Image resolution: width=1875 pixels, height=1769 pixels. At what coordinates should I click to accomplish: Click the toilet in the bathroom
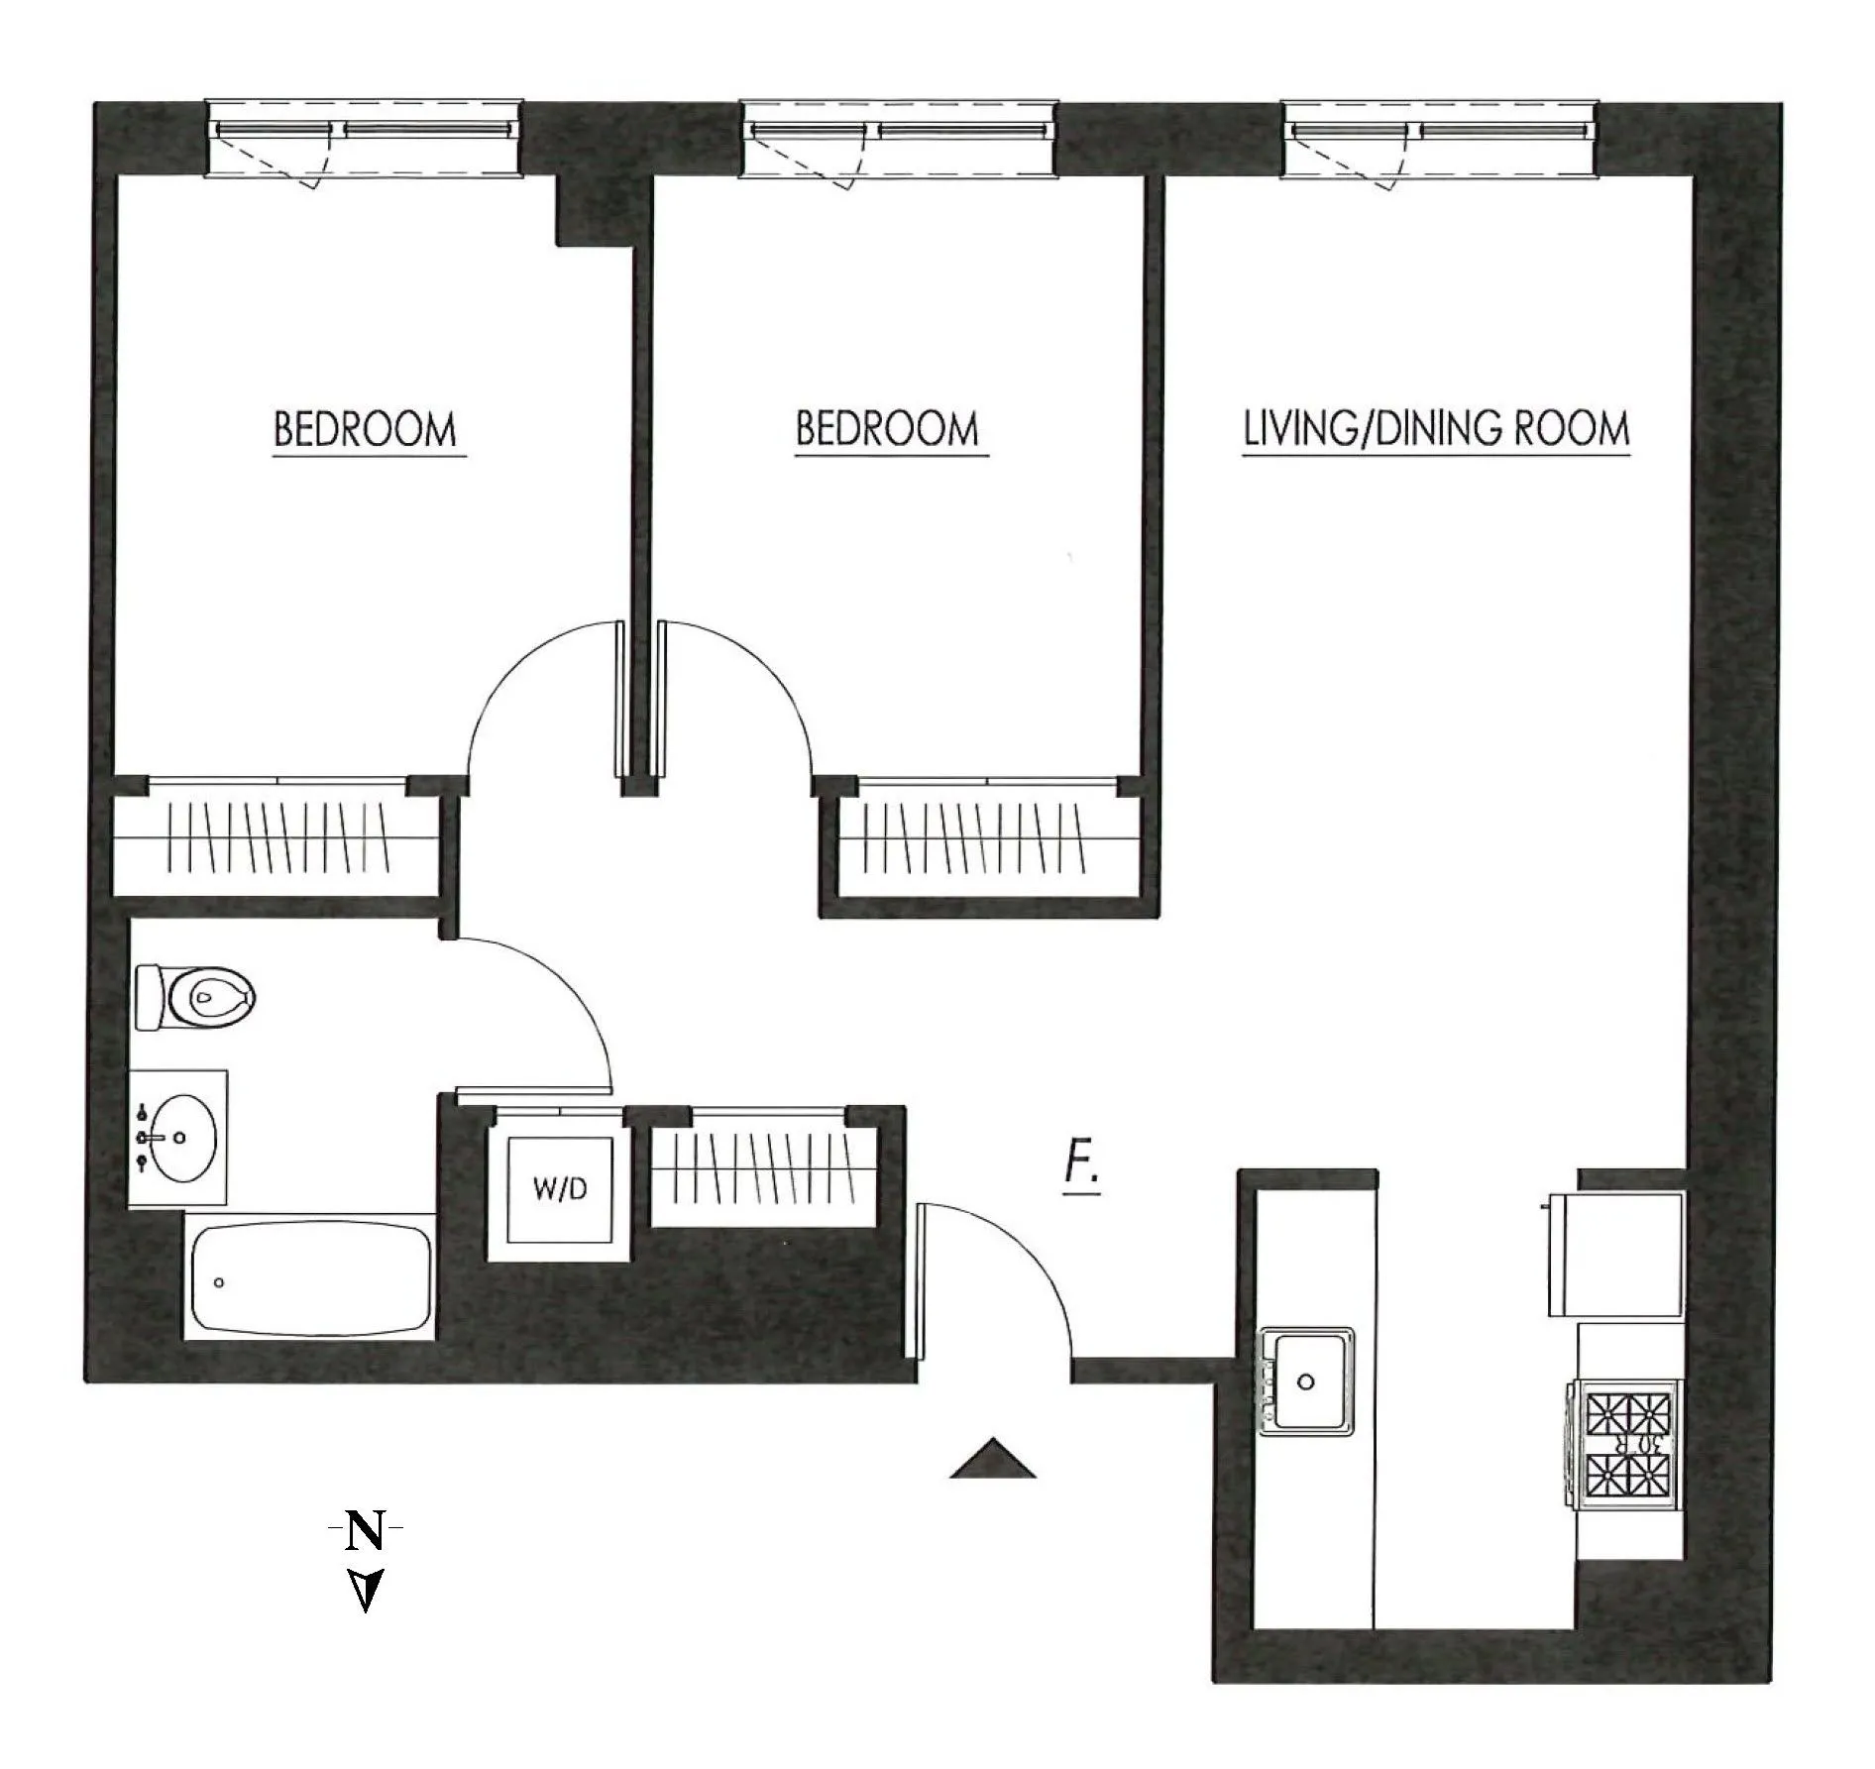click(x=196, y=997)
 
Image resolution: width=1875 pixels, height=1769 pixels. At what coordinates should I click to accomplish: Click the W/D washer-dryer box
click(x=559, y=1189)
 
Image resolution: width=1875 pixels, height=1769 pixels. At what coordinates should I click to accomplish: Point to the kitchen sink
click(x=1306, y=1381)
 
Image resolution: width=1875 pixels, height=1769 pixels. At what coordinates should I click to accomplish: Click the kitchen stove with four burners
click(x=1626, y=1445)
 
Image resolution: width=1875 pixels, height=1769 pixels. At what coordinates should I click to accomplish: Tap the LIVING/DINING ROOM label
click(x=1436, y=429)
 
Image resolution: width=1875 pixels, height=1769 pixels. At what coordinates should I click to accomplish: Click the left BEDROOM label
click(x=365, y=430)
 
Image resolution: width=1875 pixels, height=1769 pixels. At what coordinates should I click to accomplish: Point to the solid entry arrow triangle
click(x=993, y=1460)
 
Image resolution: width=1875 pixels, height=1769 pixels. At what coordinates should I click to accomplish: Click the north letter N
click(x=365, y=1531)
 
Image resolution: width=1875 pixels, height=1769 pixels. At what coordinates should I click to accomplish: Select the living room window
click(x=1440, y=140)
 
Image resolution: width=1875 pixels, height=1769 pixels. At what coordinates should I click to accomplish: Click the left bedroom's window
click(x=363, y=140)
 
